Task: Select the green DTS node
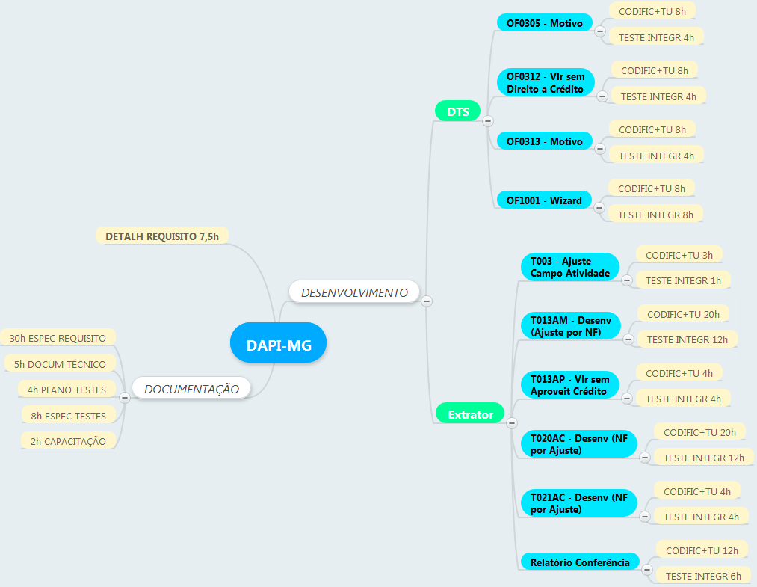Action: pos(457,111)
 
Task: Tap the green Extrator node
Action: pos(470,414)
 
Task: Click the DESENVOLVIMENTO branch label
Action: pos(354,292)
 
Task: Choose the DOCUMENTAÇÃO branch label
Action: pos(191,389)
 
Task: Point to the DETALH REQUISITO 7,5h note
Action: pos(162,236)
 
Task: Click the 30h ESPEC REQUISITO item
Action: pos(58,338)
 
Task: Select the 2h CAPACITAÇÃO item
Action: pos(68,441)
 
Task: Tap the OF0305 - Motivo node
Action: pos(544,23)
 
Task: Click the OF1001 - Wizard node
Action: pos(544,200)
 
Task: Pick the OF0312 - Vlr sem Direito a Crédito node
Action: pos(546,82)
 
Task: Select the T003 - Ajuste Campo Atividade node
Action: pos(570,267)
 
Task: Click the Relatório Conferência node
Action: pos(580,562)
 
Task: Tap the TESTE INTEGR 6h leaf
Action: pos(703,576)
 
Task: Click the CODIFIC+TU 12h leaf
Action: pos(702,550)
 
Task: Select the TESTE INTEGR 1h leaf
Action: pos(683,280)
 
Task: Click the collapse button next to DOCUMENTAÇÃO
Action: pos(125,397)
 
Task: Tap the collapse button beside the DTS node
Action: pos(488,120)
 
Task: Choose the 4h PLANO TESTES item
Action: pos(67,390)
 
